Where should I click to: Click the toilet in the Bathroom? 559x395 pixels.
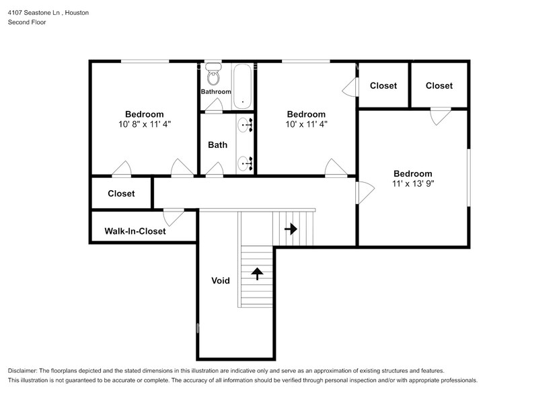point(213,74)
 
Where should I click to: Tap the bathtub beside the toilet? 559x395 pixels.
point(243,87)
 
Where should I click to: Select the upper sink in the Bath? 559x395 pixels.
point(245,125)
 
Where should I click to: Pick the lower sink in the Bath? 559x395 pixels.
point(245,163)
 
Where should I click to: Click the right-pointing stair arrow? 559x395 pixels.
point(291,228)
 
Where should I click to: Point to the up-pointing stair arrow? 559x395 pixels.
point(257,274)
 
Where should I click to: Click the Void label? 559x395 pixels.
point(221,281)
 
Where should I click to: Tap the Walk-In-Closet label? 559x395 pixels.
point(135,231)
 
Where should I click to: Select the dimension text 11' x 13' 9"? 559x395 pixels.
point(413,184)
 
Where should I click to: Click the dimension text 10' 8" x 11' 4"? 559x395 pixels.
point(145,124)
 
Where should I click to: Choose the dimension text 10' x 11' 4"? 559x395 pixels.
point(307,124)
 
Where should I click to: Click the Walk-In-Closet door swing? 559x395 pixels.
point(174,217)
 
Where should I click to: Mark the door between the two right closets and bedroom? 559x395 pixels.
point(441,116)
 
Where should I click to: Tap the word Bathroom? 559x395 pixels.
point(216,91)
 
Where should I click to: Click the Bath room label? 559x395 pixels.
point(217,145)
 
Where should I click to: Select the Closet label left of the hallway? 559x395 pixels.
point(121,193)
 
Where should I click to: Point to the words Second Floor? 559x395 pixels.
point(27,22)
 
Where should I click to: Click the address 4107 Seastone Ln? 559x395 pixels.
point(35,13)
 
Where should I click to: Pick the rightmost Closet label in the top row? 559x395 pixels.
point(439,86)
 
